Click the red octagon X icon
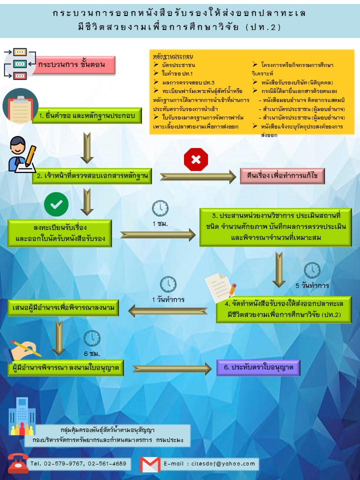196,159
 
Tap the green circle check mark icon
56,204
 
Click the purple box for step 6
258,367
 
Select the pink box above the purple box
282,176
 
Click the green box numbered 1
87,115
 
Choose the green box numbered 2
92,176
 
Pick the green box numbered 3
275,227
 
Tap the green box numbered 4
284,309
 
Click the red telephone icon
18,463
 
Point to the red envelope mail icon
150,464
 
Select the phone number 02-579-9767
63,464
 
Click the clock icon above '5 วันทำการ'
312,270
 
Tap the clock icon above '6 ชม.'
92,338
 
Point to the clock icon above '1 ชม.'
160,208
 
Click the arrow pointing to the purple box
172,369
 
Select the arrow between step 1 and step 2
87,148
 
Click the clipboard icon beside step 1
20,106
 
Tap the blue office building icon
22,416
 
